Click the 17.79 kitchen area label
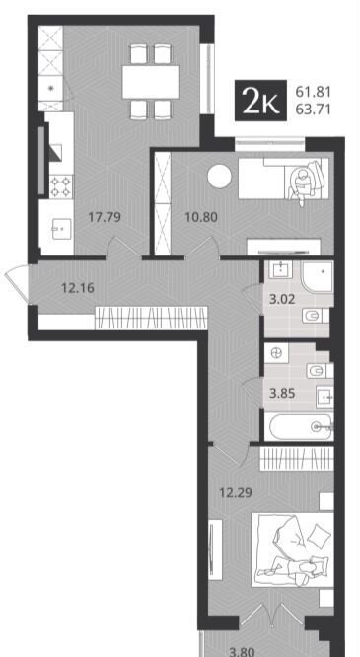105,217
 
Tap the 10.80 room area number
201,217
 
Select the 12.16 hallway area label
78,288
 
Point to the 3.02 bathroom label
282,300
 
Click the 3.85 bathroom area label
282,394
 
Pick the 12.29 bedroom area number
236,493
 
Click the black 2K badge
260,101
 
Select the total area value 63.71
313,109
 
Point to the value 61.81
313,91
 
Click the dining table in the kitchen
151,82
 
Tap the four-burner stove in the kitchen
61,186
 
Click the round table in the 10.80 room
219,177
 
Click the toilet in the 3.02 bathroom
313,316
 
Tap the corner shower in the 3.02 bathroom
318,276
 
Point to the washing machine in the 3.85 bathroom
276,354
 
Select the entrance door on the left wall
18,284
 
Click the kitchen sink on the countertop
62,229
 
